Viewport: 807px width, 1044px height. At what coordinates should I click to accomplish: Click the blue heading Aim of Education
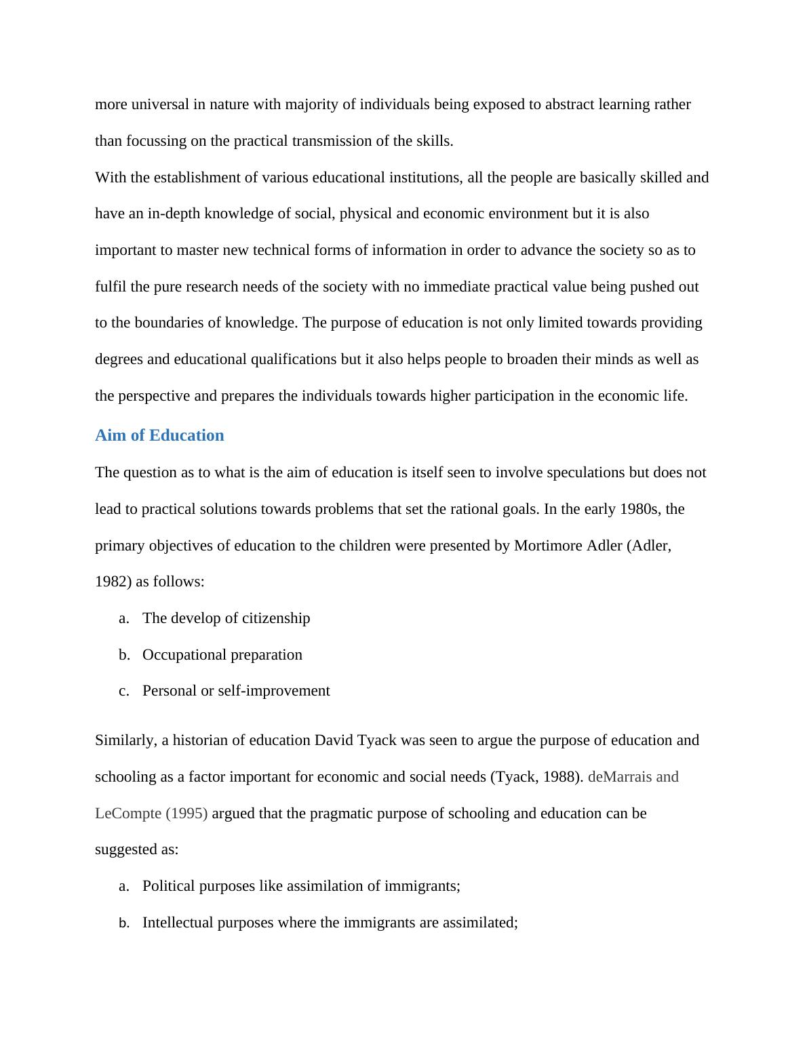[x=159, y=435]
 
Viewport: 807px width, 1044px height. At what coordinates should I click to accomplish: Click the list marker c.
[x=123, y=691]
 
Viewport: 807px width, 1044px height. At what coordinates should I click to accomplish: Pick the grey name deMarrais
[x=619, y=777]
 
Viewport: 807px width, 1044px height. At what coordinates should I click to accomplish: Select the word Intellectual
[x=178, y=923]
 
